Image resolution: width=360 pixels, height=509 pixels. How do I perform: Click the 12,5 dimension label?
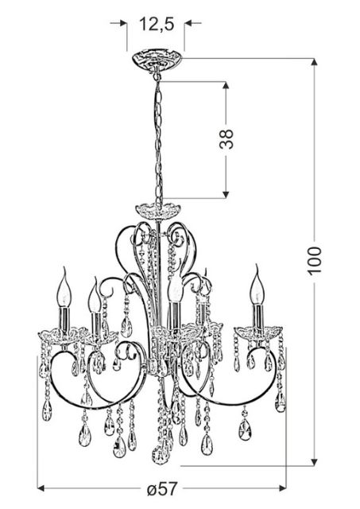pos(157,25)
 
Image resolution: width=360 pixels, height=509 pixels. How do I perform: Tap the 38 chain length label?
pos(226,139)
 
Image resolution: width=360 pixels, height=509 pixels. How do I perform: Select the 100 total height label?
pos(315,261)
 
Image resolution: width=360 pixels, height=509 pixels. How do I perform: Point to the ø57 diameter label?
pos(162,489)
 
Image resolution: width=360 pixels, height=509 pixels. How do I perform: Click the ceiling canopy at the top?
pos(157,60)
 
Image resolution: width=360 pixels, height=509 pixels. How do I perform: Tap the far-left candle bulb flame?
pos(64,286)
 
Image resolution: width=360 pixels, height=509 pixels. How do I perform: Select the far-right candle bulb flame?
pos(257,285)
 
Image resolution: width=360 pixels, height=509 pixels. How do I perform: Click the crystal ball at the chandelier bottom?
pos(160,455)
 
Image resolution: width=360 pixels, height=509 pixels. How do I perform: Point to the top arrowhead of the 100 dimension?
pos(314,62)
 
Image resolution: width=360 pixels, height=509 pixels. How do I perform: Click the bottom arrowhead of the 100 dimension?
pos(314,462)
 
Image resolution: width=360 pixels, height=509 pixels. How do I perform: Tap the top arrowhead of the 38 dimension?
pos(226,85)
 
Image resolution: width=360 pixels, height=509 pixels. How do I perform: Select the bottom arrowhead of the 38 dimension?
pos(226,194)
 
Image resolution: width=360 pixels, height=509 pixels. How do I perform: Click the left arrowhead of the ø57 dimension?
pos(41,488)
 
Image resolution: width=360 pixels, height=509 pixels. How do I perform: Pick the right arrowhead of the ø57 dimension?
pos(282,488)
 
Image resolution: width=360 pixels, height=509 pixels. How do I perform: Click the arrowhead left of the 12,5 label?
pos(123,23)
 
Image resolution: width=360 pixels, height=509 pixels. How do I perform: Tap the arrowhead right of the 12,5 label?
pos(188,23)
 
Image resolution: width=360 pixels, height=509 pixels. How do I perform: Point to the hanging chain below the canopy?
pos(158,140)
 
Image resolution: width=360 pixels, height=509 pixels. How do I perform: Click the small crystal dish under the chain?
pos(157,210)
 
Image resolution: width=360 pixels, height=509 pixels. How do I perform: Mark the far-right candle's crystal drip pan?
pos(257,332)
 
